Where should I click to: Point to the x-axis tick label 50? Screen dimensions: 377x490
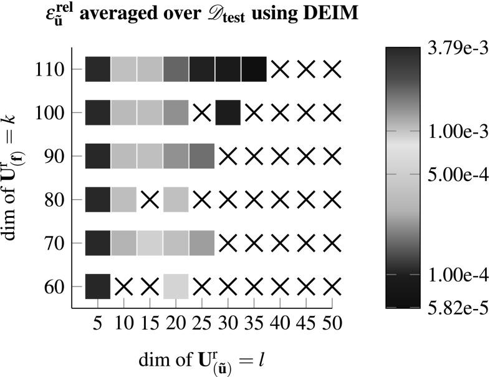click(332, 326)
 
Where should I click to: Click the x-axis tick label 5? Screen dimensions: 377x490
click(97, 326)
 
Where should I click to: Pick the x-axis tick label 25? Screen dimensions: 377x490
click(201, 326)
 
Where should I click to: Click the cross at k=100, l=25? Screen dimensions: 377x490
click(201, 113)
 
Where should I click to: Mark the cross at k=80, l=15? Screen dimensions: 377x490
click(150, 200)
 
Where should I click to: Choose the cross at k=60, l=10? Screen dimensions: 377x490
click(123, 286)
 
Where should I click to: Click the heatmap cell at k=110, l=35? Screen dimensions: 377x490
click(254, 69)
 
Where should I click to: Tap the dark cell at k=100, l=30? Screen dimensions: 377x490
click(228, 113)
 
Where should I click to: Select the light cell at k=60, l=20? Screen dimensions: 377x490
click(176, 286)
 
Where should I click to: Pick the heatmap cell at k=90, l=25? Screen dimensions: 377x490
click(201, 156)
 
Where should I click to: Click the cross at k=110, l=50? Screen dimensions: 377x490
click(332, 69)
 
